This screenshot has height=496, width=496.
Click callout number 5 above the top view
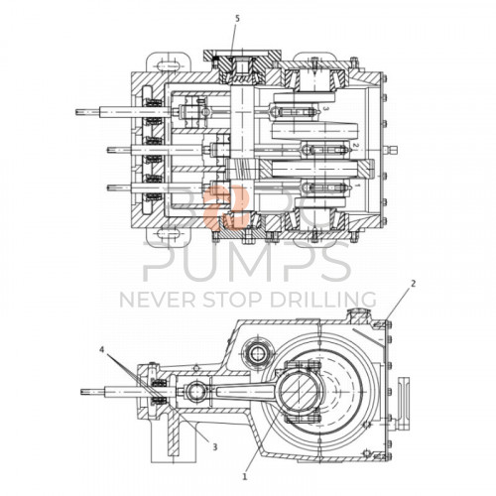click(236, 19)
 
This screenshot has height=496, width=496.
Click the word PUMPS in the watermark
click(247, 264)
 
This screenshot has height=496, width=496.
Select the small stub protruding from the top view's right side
click(397, 151)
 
